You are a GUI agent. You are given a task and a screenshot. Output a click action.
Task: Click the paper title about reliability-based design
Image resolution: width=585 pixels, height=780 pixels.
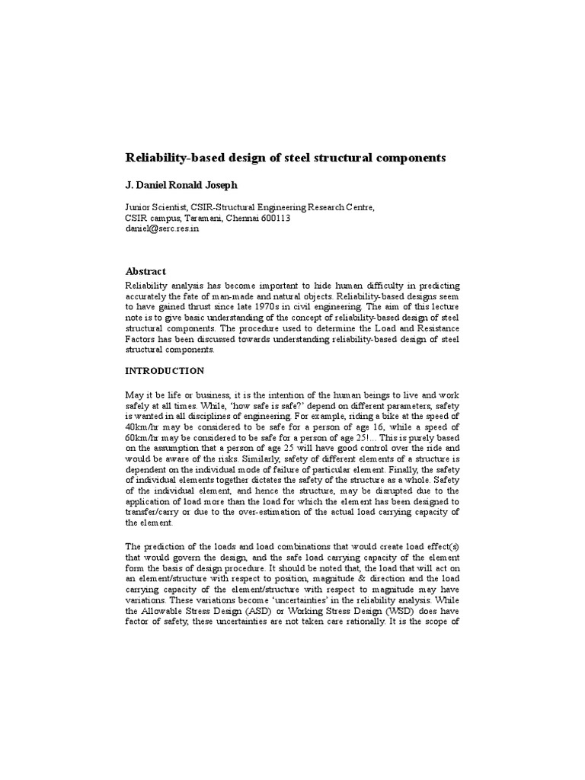[x=284, y=158]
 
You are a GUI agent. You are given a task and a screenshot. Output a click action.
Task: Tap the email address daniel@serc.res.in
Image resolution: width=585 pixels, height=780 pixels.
[x=161, y=229]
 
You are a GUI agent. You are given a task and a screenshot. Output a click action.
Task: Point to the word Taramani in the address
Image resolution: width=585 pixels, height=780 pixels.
[x=200, y=218]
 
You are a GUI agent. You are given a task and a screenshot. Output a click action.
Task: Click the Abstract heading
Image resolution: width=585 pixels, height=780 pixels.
[x=145, y=271]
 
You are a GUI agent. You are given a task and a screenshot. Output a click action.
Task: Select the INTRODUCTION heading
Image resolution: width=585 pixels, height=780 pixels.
[x=164, y=371]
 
